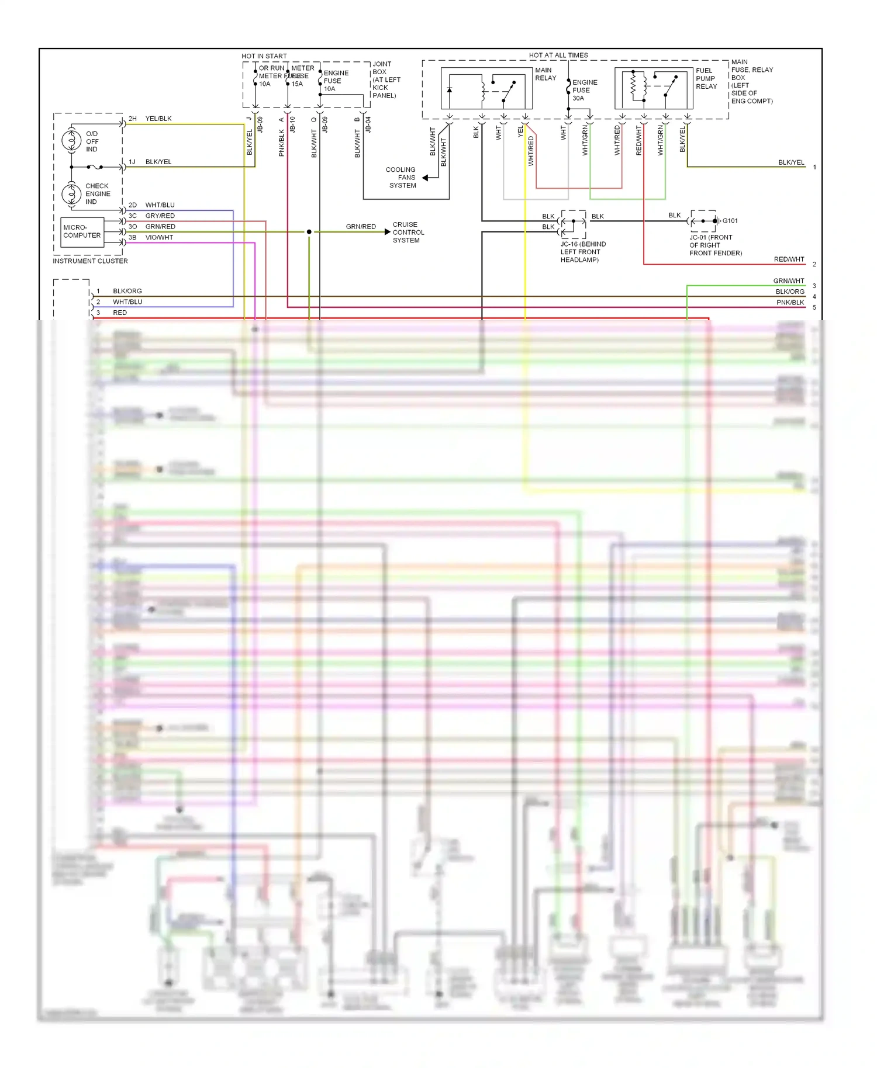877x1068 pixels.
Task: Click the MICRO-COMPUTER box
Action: pyautogui.click(x=82, y=232)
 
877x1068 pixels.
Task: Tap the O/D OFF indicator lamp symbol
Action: pyautogui.click(x=71, y=141)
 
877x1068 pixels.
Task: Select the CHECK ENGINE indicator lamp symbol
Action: pyautogui.click(x=71, y=193)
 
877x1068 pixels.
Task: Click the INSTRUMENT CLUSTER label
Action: pyautogui.click(x=90, y=261)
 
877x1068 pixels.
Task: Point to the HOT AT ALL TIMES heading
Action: pyautogui.click(x=558, y=56)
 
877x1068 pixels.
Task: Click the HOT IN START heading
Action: pyautogui.click(x=264, y=56)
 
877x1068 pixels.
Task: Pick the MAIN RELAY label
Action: pyautogui.click(x=545, y=74)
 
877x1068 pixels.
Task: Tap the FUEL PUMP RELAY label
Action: pyautogui.click(x=706, y=78)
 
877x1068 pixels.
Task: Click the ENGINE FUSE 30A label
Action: pyautogui.click(x=584, y=91)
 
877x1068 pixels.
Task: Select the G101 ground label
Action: pyautogui.click(x=730, y=221)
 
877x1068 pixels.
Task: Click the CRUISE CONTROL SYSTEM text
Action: pyautogui.click(x=408, y=233)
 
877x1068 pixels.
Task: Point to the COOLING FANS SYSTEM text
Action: pyautogui.click(x=402, y=178)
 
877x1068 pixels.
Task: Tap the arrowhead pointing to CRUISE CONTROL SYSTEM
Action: pyautogui.click(x=387, y=232)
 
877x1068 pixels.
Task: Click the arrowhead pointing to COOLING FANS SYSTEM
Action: pyautogui.click(x=426, y=178)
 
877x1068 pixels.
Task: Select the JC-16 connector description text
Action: pyautogui.click(x=583, y=252)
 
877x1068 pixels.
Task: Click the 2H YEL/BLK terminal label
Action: pyautogui.click(x=150, y=119)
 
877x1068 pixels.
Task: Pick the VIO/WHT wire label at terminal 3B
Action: pyautogui.click(x=159, y=238)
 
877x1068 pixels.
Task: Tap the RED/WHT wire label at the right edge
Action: pyautogui.click(x=789, y=259)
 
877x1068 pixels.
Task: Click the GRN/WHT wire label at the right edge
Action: pyautogui.click(x=789, y=281)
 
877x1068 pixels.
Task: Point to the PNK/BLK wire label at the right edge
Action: pyautogui.click(x=790, y=303)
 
